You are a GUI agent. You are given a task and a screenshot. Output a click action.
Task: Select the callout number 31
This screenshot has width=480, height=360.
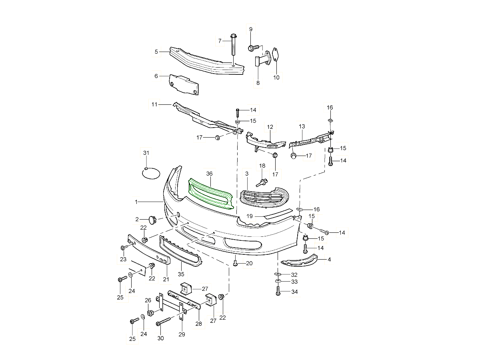click(146, 153)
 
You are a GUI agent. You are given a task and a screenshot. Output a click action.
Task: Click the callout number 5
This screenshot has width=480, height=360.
click(156, 52)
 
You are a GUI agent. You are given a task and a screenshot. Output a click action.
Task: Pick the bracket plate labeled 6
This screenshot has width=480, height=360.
click(184, 84)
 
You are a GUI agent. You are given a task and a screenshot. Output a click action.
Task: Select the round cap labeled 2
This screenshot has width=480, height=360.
click(152, 219)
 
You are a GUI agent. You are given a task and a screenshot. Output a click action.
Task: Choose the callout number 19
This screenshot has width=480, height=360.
click(249, 216)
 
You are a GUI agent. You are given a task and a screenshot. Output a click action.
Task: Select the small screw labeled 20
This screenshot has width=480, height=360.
click(235, 263)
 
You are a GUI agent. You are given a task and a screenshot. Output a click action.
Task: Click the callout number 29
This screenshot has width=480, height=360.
click(182, 334)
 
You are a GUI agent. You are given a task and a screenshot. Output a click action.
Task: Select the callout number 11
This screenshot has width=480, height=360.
click(154, 105)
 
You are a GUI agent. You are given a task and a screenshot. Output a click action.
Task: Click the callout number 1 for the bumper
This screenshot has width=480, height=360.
click(136, 202)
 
